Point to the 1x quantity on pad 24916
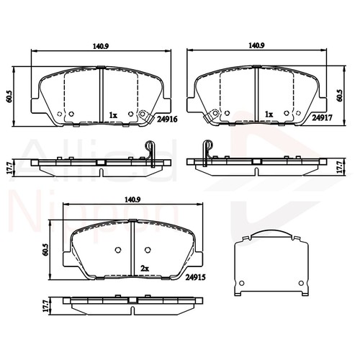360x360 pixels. click(x=113, y=114)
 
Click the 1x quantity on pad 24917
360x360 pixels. click(x=269, y=114)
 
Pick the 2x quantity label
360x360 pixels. click(x=145, y=268)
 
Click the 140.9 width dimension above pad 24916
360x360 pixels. click(x=100, y=45)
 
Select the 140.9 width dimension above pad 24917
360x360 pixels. click(x=256, y=45)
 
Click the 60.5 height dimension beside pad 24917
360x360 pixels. click(x=340, y=94)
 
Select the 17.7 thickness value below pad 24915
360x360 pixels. click(x=45, y=306)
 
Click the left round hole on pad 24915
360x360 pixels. click(x=119, y=251)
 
